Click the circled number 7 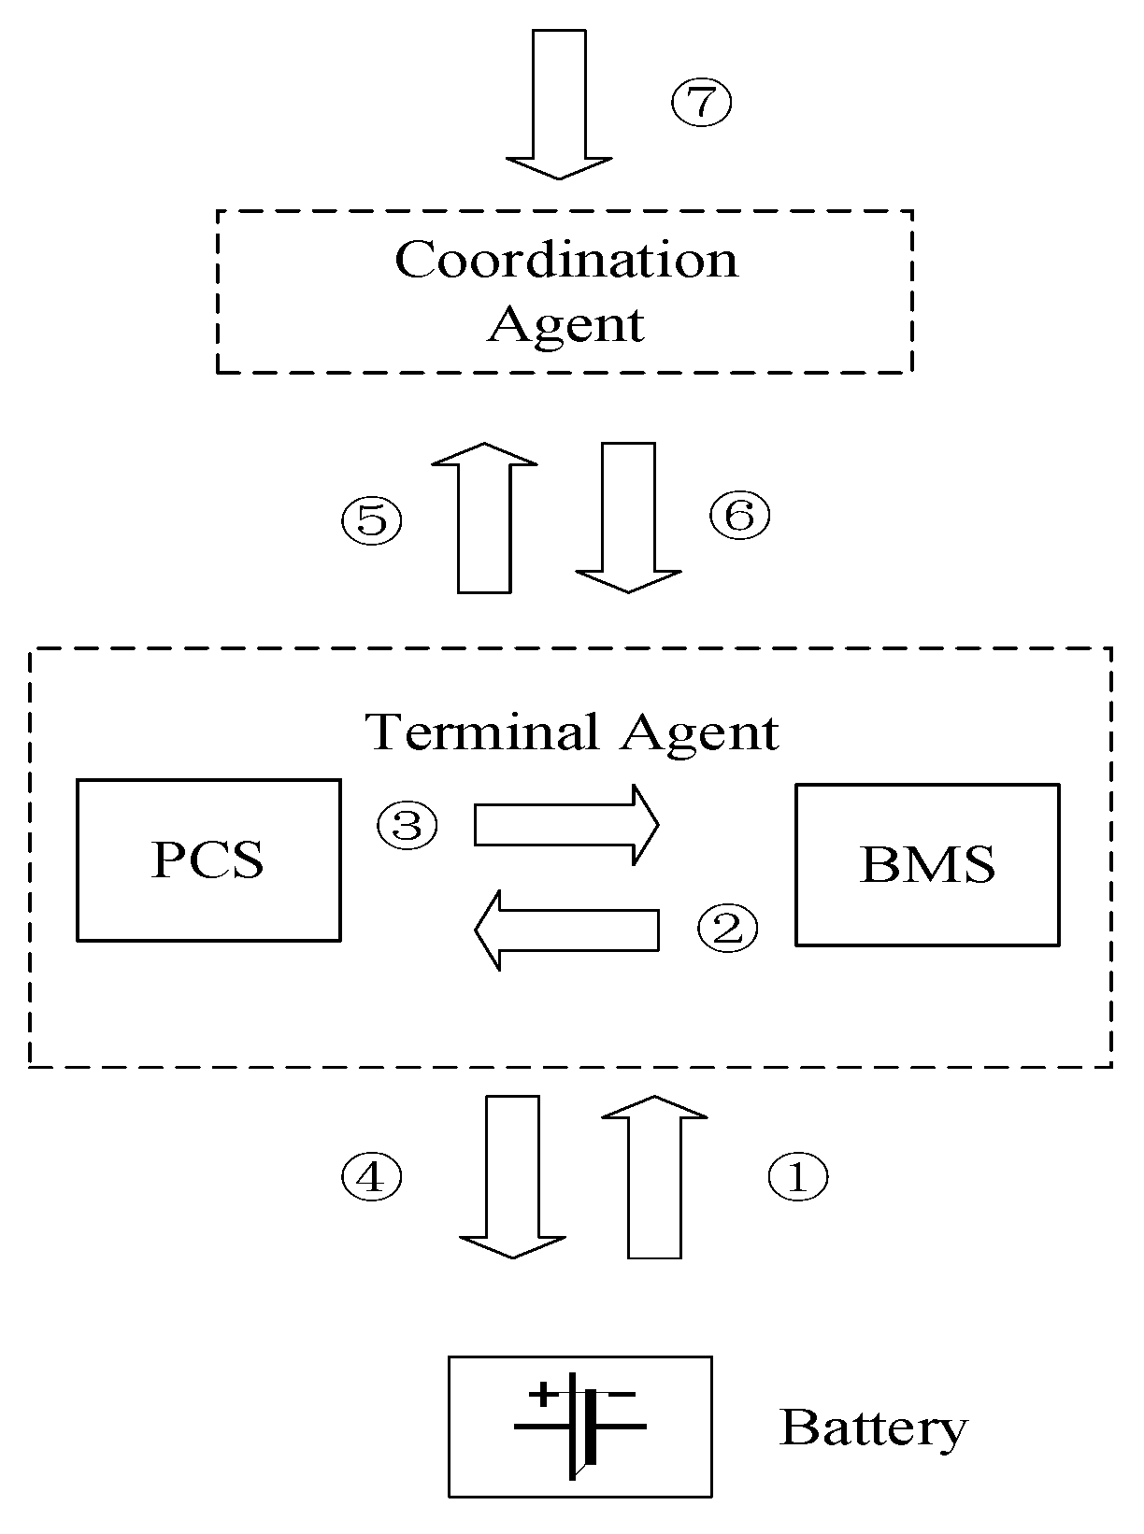coord(701,102)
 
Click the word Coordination coord(566,260)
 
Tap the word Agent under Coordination coord(566,324)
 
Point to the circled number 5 coord(371,519)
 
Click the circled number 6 coord(739,515)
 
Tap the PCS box coord(208,859)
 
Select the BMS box coord(927,865)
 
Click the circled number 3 coord(408,826)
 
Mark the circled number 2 coord(728,928)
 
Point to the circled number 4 coord(371,1177)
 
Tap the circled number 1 coord(797,1177)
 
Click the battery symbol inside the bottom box coord(579,1427)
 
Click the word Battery coord(873,1428)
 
